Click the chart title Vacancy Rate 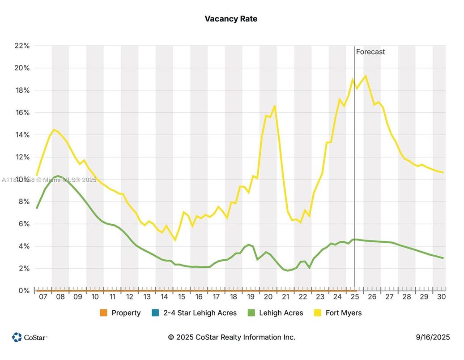click(231, 19)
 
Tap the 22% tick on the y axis click(21, 46)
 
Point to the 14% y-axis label click(21, 135)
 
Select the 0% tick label click(23, 291)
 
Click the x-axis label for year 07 click(43, 297)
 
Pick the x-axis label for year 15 click(182, 297)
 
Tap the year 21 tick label click(285, 297)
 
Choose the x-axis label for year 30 click(441, 297)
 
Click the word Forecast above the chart click(370, 51)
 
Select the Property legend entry click(126, 313)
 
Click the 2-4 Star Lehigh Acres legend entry click(199, 313)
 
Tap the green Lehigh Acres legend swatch click(251, 313)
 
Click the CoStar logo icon click(17, 337)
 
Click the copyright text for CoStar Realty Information click(232, 337)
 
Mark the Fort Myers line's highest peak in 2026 click(366, 76)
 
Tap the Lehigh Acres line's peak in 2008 click(58, 176)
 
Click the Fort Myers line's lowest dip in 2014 click(175, 240)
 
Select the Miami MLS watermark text click(49, 180)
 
